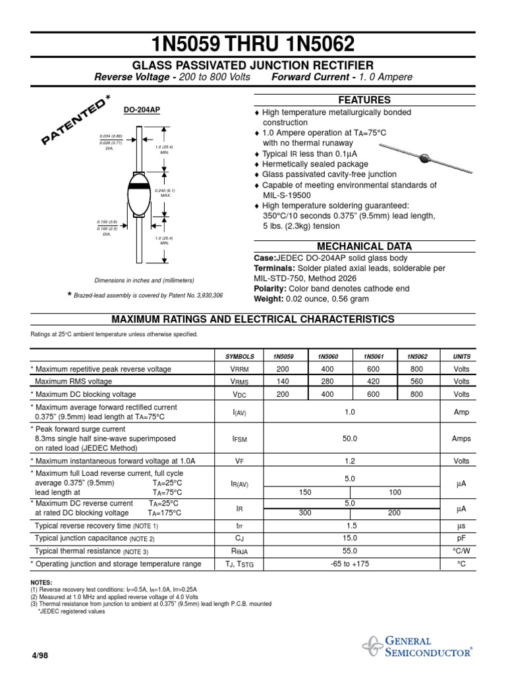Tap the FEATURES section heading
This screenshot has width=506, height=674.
click(364, 100)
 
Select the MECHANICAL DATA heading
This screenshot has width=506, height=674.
click(364, 246)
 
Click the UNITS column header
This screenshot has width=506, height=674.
click(461, 356)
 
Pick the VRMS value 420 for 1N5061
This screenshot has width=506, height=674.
click(373, 381)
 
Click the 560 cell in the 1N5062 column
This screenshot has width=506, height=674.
click(416, 381)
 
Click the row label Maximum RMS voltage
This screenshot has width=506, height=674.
click(73, 381)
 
